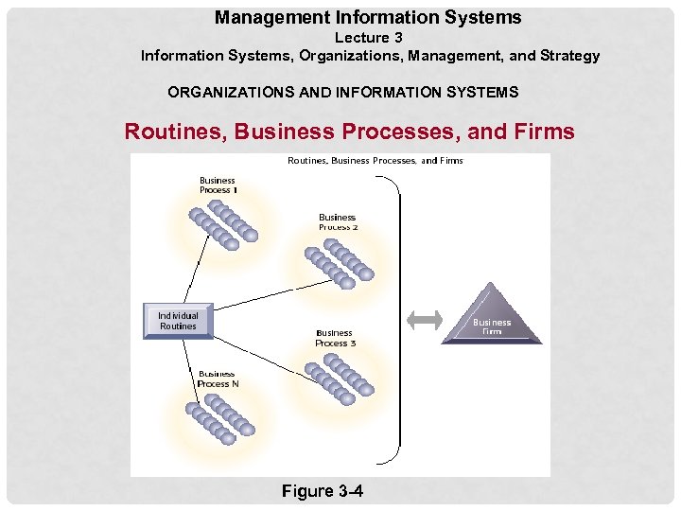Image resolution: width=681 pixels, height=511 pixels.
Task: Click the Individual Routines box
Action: [178, 321]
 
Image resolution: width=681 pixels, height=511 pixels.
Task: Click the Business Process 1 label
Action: [218, 185]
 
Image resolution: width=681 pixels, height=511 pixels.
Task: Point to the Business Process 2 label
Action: [338, 222]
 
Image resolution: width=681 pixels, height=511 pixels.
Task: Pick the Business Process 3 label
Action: [335, 338]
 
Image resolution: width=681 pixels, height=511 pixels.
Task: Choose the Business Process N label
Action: [218, 379]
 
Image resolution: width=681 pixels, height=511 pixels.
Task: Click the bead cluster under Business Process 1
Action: [223, 223]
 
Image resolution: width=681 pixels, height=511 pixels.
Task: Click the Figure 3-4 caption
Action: [322, 490]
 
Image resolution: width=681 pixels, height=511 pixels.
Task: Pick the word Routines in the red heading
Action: [171, 132]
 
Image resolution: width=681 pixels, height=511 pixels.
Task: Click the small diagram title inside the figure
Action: [375, 161]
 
